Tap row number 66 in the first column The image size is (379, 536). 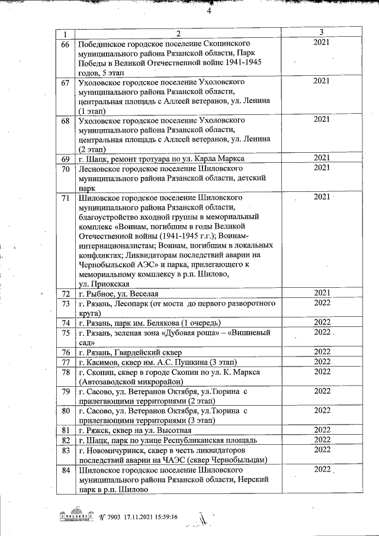coord(65,44)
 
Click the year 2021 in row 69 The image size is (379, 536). coord(322,158)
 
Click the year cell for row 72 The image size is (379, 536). coord(322,293)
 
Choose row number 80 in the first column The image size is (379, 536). coord(65,410)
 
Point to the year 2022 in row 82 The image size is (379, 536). coord(322,440)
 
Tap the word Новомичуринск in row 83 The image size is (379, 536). coord(113,450)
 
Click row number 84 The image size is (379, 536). coord(65,470)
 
